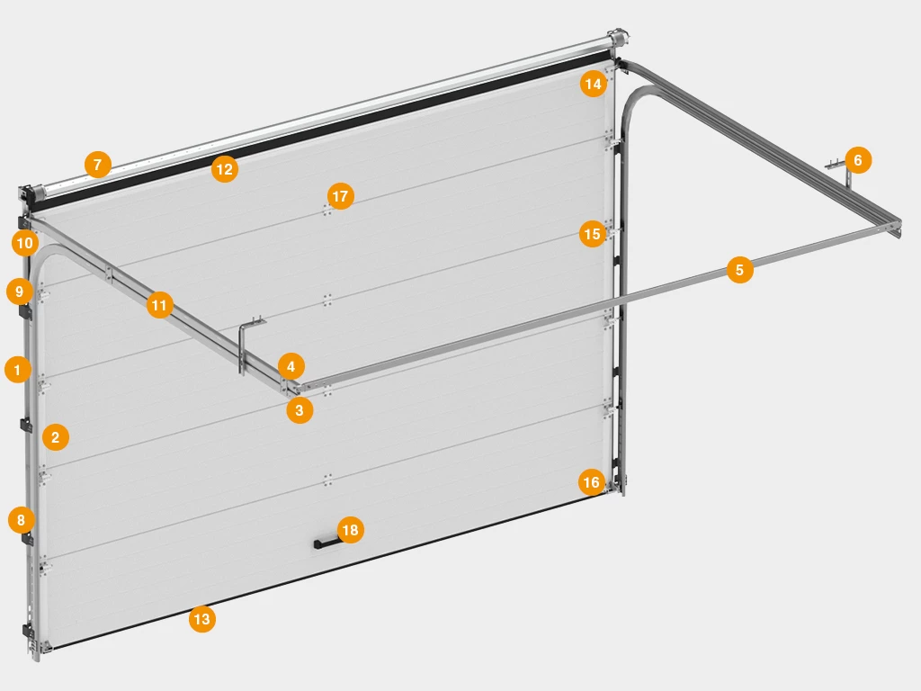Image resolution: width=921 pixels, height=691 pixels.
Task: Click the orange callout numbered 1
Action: (x=18, y=370)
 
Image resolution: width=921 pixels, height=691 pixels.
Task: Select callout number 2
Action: (x=55, y=437)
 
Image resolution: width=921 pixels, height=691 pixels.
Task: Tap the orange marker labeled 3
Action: (x=300, y=410)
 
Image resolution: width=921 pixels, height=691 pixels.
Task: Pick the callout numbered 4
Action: (x=291, y=367)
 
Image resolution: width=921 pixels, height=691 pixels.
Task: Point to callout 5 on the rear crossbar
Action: (x=739, y=270)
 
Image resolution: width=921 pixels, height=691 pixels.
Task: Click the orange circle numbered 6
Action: (x=857, y=160)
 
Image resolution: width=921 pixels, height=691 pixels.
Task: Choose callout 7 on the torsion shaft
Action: (x=97, y=165)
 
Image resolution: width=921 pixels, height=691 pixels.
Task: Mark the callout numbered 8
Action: (x=22, y=520)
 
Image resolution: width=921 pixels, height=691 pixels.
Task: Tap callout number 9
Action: (x=20, y=292)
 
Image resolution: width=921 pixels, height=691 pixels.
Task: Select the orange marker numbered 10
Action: (x=24, y=243)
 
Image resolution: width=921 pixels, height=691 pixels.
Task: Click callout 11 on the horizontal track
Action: (x=159, y=305)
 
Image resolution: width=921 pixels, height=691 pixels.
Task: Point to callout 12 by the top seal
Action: (x=224, y=169)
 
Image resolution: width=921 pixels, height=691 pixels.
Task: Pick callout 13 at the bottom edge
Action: (x=202, y=619)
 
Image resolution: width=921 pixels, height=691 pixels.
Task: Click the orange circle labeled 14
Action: (x=594, y=84)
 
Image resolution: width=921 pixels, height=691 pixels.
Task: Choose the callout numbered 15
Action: (x=592, y=234)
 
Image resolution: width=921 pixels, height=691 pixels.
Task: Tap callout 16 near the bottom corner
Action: (x=591, y=482)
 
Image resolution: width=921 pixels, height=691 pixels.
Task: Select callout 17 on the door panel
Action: (x=340, y=195)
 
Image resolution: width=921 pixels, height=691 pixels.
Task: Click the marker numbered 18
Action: (x=350, y=530)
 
